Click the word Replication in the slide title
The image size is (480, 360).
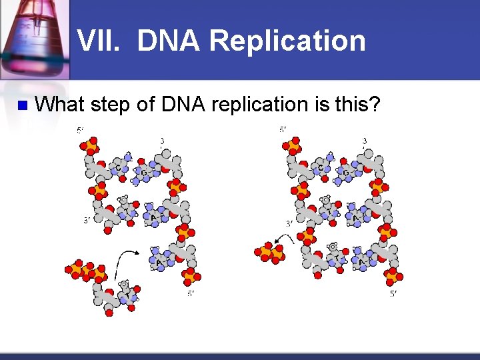(287, 41)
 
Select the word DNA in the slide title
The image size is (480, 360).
(169, 41)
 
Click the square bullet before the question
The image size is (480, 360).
(21, 105)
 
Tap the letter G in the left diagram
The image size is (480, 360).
(142, 173)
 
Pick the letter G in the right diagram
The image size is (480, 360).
(345, 173)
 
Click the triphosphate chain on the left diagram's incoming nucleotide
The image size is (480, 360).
(85, 271)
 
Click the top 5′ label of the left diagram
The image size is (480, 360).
(81, 131)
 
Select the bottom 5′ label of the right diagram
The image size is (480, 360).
(393, 294)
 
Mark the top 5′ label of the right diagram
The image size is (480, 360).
(283, 129)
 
